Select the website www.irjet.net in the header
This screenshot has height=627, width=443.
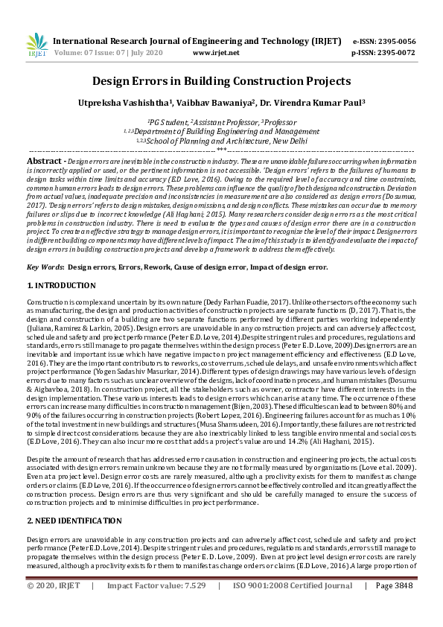[216, 53]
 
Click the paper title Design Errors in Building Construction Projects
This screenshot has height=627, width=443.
[221, 80]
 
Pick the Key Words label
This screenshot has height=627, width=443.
[45, 267]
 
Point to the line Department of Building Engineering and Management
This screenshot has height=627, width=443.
[222, 131]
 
